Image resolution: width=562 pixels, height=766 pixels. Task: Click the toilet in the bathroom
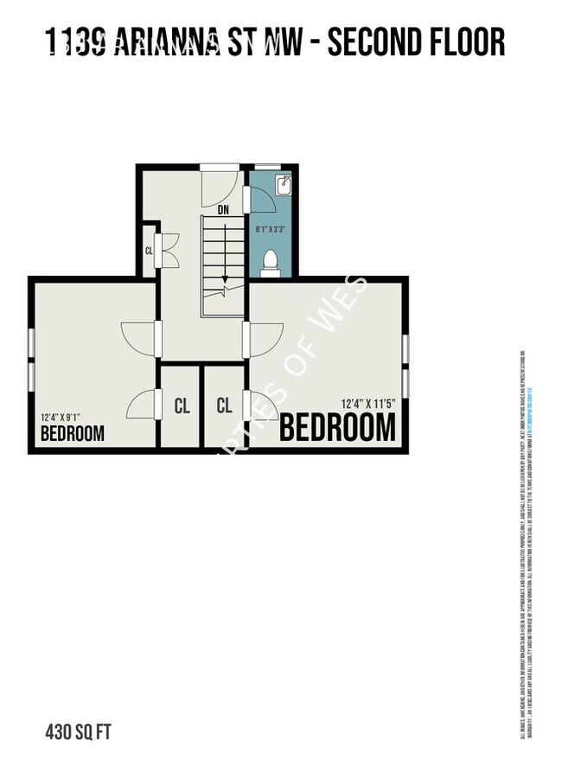pyautogui.click(x=270, y=261)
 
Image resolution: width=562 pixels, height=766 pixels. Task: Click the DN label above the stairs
pyautogui.click(x=223, y=209)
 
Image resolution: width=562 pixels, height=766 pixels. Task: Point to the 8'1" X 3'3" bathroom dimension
pyautogui.click(x=270, y=229)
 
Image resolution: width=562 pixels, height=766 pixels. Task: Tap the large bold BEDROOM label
pyautogui.click(x=337, y=428)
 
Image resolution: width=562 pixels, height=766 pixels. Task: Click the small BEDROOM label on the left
pyautogui.click(x=73, y=432)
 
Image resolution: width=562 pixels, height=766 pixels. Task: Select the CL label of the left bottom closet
pyautogui.click(x=182, y=405)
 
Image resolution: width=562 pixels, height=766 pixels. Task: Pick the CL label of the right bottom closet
pyautogui.click(x=225, y=405)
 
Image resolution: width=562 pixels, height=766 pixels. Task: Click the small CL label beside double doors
pyautogui.click(x=149, y=251)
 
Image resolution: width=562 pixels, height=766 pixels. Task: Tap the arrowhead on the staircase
pyautogui.click(x=224, y=280)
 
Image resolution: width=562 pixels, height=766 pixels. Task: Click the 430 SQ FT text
pyautogui.click(x=78, y=733)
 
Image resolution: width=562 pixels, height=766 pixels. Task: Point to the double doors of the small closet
pyautogui.click(x=168, y=251)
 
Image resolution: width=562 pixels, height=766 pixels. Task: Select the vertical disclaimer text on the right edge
pyautogui.click(x=525, y=545)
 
